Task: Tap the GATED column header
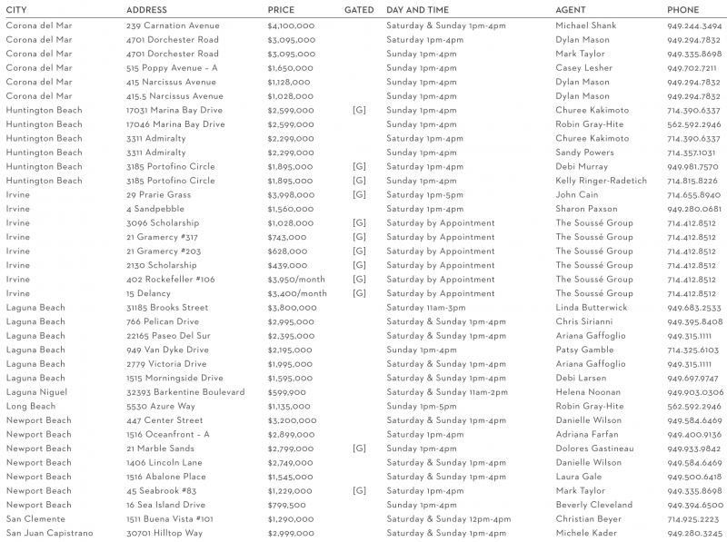[x=359, y=9]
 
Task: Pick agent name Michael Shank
[x=585, y=25]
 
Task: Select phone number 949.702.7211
[x=693, y=68]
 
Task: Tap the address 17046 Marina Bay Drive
[x=175, y=124]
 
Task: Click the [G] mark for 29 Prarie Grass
[x=359, y=194]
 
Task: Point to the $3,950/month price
[x=296, y=280]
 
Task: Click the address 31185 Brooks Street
[x=167, y=308]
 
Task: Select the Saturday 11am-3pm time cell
[x=425, y=308]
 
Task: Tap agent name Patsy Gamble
[x=584, y=350]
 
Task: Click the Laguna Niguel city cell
[x=36, y=392]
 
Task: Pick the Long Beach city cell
[x=31, y=406]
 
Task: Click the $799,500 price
[x=286, y=505]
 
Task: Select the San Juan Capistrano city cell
[x=49, y=533]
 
